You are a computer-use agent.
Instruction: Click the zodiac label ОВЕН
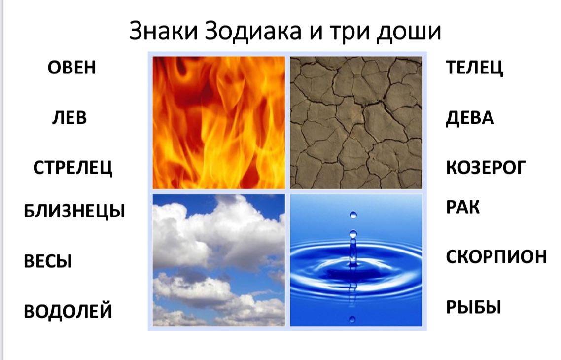pos(72,67)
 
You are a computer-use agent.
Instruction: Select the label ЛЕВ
pos(70,118)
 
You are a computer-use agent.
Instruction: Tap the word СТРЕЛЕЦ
pos(73,168)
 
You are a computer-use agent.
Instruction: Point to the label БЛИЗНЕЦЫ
pos(74,211)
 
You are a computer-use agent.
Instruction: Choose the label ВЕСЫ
pos(48,261)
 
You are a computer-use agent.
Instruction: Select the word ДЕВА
pos(470,118)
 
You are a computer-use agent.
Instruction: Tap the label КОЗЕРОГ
pos(486,168)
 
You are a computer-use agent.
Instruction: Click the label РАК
pos(462,207)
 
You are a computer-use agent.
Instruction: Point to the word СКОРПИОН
pos(496,256)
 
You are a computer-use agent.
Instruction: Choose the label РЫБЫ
pos(473,307)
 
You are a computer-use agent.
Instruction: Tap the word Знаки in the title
pos(164,31)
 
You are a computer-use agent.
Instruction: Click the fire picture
pos(219,123)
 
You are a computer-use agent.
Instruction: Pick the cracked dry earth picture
pos(356,123)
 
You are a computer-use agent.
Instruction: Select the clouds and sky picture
pos(219,260)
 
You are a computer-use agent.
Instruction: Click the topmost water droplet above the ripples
pos(353,215)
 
